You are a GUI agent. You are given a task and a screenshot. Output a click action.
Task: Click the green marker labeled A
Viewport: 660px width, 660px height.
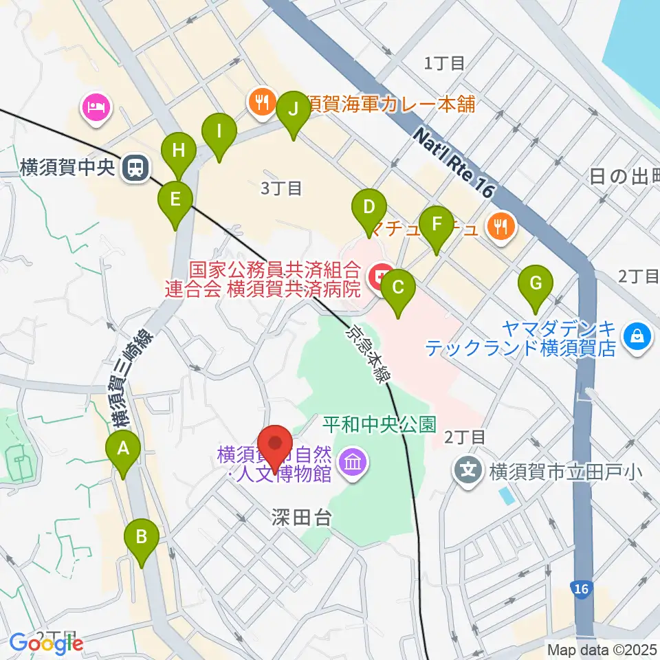point(124,450)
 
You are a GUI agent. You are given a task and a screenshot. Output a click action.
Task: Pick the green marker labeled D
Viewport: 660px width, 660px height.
point(369,208)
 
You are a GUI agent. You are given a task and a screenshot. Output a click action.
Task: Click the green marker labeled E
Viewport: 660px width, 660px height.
point(175,201)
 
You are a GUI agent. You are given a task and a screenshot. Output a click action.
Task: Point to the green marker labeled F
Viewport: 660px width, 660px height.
point(435,225)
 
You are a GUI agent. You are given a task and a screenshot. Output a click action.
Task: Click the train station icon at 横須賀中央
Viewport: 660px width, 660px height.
point(133,168)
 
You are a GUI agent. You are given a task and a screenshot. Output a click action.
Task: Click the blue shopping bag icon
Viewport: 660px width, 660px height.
point(637,336)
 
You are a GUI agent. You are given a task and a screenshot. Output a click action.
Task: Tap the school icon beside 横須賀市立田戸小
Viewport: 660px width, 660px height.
point(469,471)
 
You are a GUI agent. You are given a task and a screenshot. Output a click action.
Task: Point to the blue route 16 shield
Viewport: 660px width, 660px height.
point(581,588)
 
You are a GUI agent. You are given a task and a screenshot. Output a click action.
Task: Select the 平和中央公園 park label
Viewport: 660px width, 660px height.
point(379,424)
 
